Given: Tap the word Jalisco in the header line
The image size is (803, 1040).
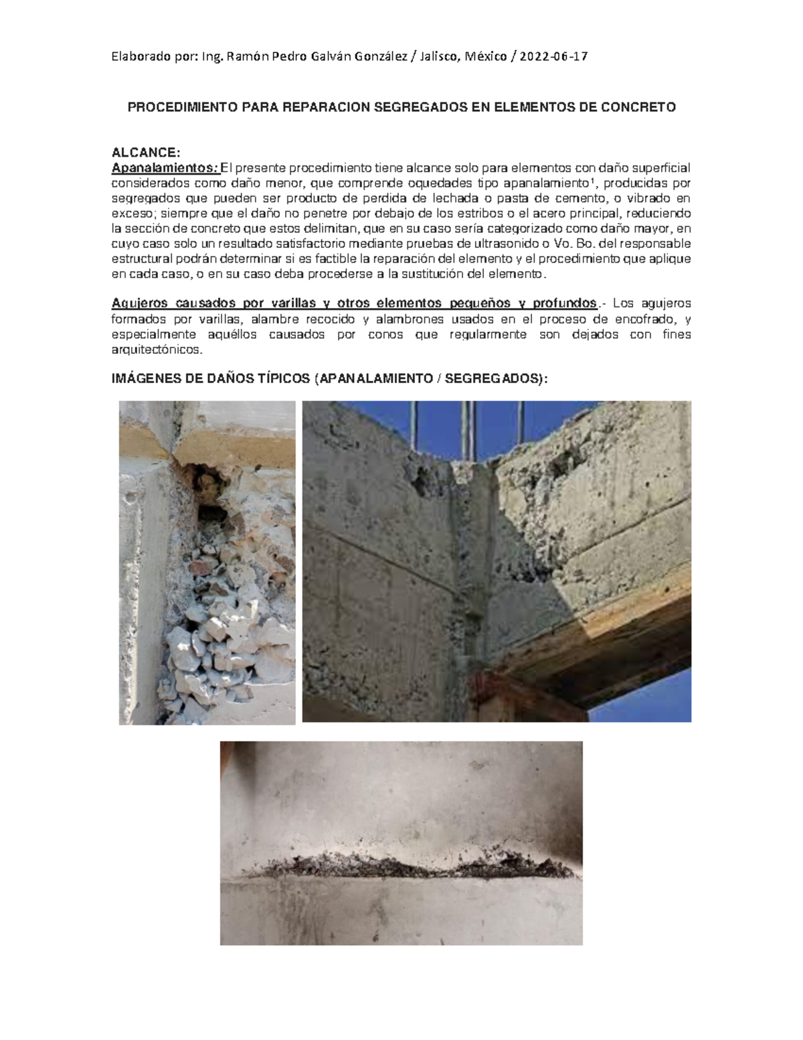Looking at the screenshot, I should (437, 57).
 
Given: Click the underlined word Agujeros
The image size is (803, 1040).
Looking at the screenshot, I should (135, 304).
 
